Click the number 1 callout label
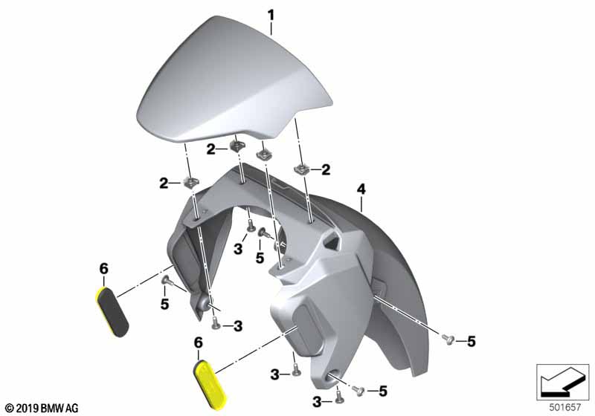[x=271, y=15]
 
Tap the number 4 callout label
[x=361, y=189]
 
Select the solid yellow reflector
[x=210, y=386]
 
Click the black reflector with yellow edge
[x=112, y=312]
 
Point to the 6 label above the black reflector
[x=103, y=269]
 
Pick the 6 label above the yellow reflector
[x=198, y=342]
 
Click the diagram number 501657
[x=565, y=408]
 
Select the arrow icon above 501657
[x=562, y=382]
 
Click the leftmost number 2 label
[x=164, y=183]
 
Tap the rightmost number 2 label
[x=326, y=169]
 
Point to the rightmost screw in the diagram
[x=448, y=339]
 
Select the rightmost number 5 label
[x=471, y=342]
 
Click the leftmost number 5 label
[x=164, y=304]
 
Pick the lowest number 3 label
[x=317, y=403]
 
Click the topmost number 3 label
[x=238, y=249]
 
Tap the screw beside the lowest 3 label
[x=339, y=397]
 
